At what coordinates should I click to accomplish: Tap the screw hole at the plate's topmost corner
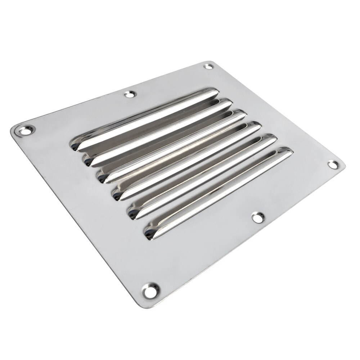coord(208,67)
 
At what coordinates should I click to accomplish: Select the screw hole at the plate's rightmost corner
coord(333,165)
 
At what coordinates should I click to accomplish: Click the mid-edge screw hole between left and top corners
coord(129,95)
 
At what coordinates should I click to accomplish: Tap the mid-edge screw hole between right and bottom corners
coord(257,217)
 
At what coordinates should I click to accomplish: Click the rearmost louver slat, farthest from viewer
coord(144,119)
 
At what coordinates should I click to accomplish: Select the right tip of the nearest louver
coord(290,152)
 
